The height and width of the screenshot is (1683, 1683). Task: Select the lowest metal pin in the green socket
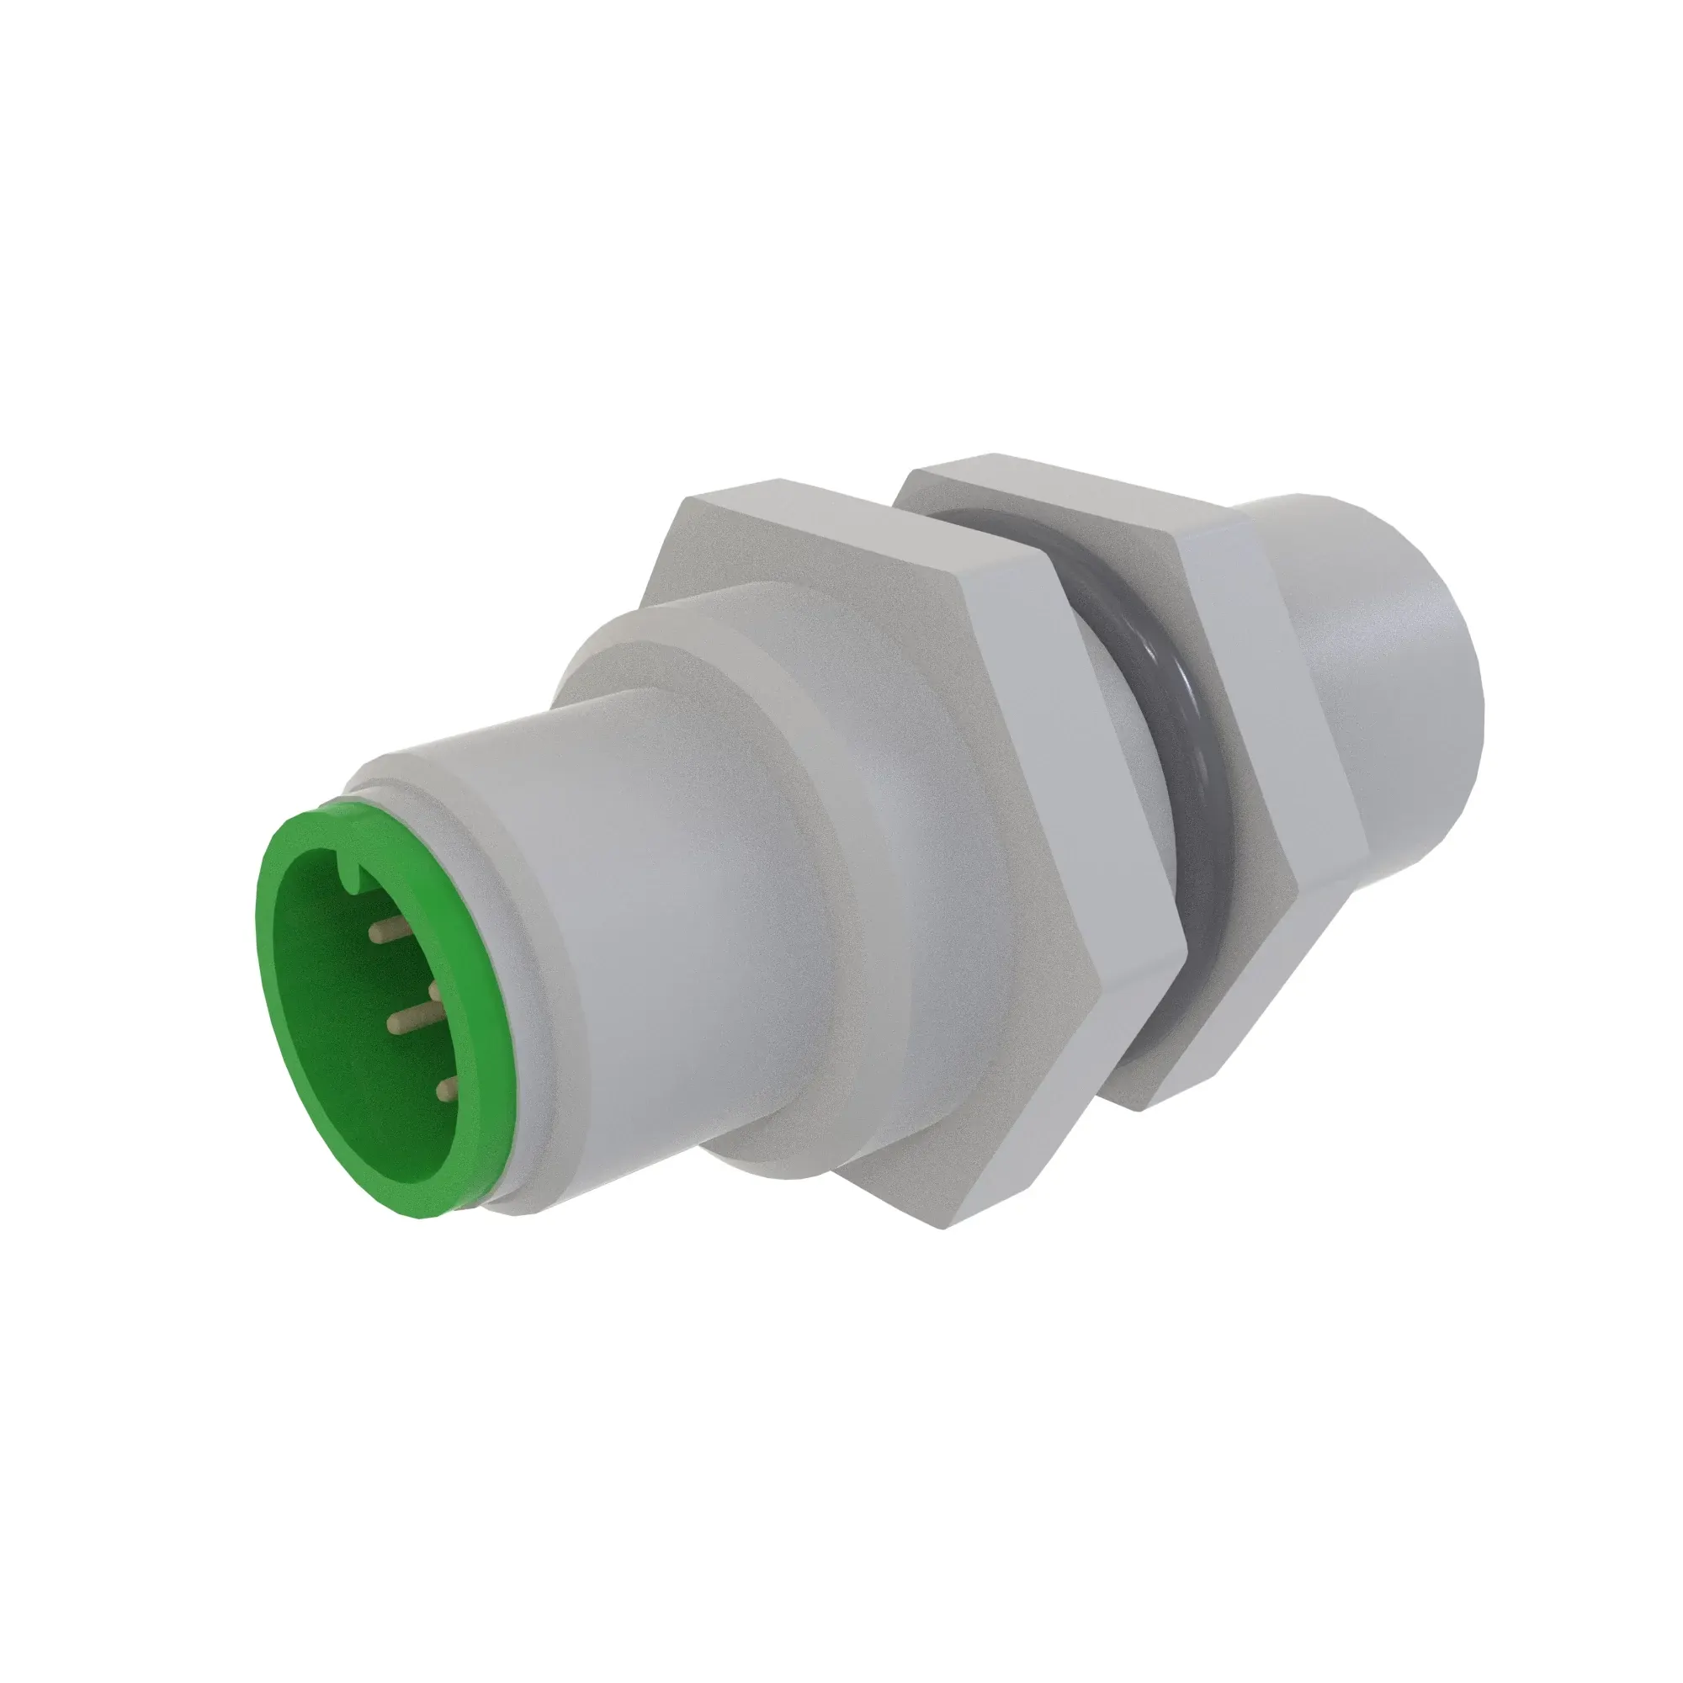pos(447,1086)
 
